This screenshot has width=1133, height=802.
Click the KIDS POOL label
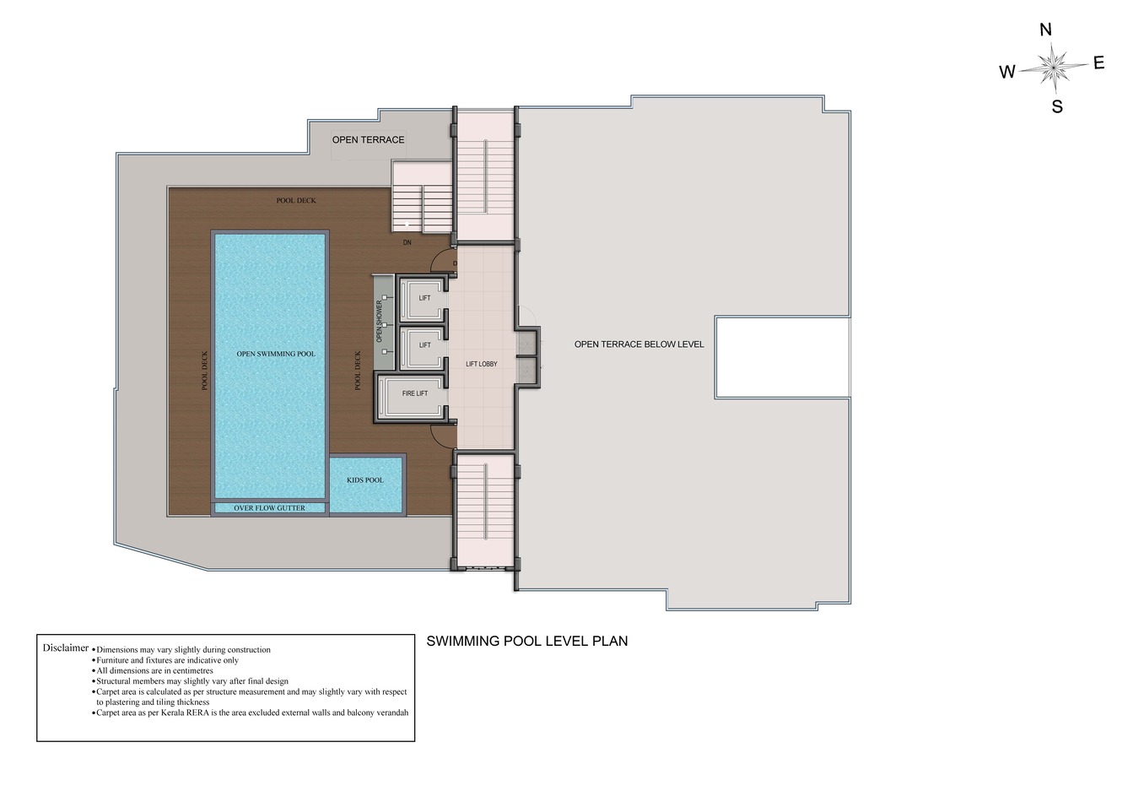[x=364, y=480]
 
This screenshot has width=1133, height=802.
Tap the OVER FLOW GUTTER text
[x=269, y=508]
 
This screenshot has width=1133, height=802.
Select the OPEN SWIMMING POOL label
[x=276, y=354]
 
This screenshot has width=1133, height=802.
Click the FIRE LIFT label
[x=415, y=393]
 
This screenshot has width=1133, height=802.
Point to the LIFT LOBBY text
[x=482, y=364]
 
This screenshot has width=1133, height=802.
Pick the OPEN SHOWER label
[x=379, y=322]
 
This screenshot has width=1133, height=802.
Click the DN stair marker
[x=407, y=243]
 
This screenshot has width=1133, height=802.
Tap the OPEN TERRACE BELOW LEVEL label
[x=639, y=344]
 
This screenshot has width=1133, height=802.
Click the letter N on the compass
[x=1045, y=30]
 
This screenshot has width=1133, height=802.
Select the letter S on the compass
[x=1057, y=106]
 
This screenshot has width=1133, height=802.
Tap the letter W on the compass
[x=1007, y=72]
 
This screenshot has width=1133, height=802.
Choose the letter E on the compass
[x=1099, y=62]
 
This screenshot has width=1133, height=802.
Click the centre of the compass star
[x=1054, y=67]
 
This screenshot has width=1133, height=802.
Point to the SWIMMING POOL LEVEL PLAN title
[x=527, y=641]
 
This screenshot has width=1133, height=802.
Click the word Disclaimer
[x=66, y=648]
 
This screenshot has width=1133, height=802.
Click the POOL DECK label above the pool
[x=296, y=200]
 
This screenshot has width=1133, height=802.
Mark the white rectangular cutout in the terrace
[x=782, y=357]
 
